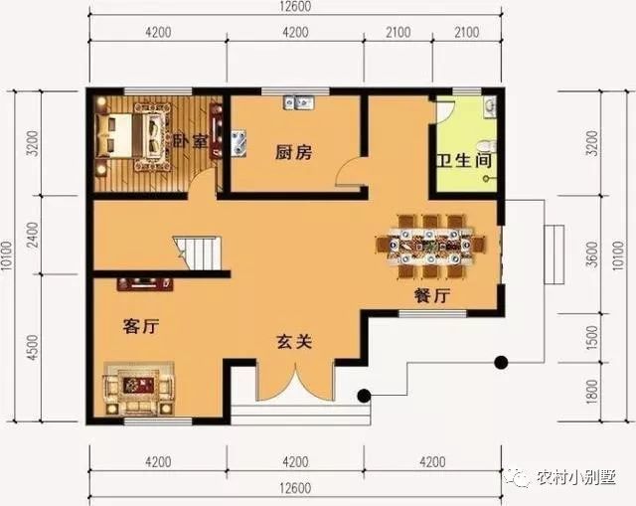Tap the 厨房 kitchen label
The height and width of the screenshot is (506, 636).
[293, 152]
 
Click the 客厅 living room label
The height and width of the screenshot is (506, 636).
[141, 325]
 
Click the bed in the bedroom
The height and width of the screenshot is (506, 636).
[130, 133]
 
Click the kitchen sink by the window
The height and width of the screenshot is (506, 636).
[298, 102]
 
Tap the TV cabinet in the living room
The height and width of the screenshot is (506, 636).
[145, 284]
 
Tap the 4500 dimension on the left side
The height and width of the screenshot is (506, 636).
[32, 348]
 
